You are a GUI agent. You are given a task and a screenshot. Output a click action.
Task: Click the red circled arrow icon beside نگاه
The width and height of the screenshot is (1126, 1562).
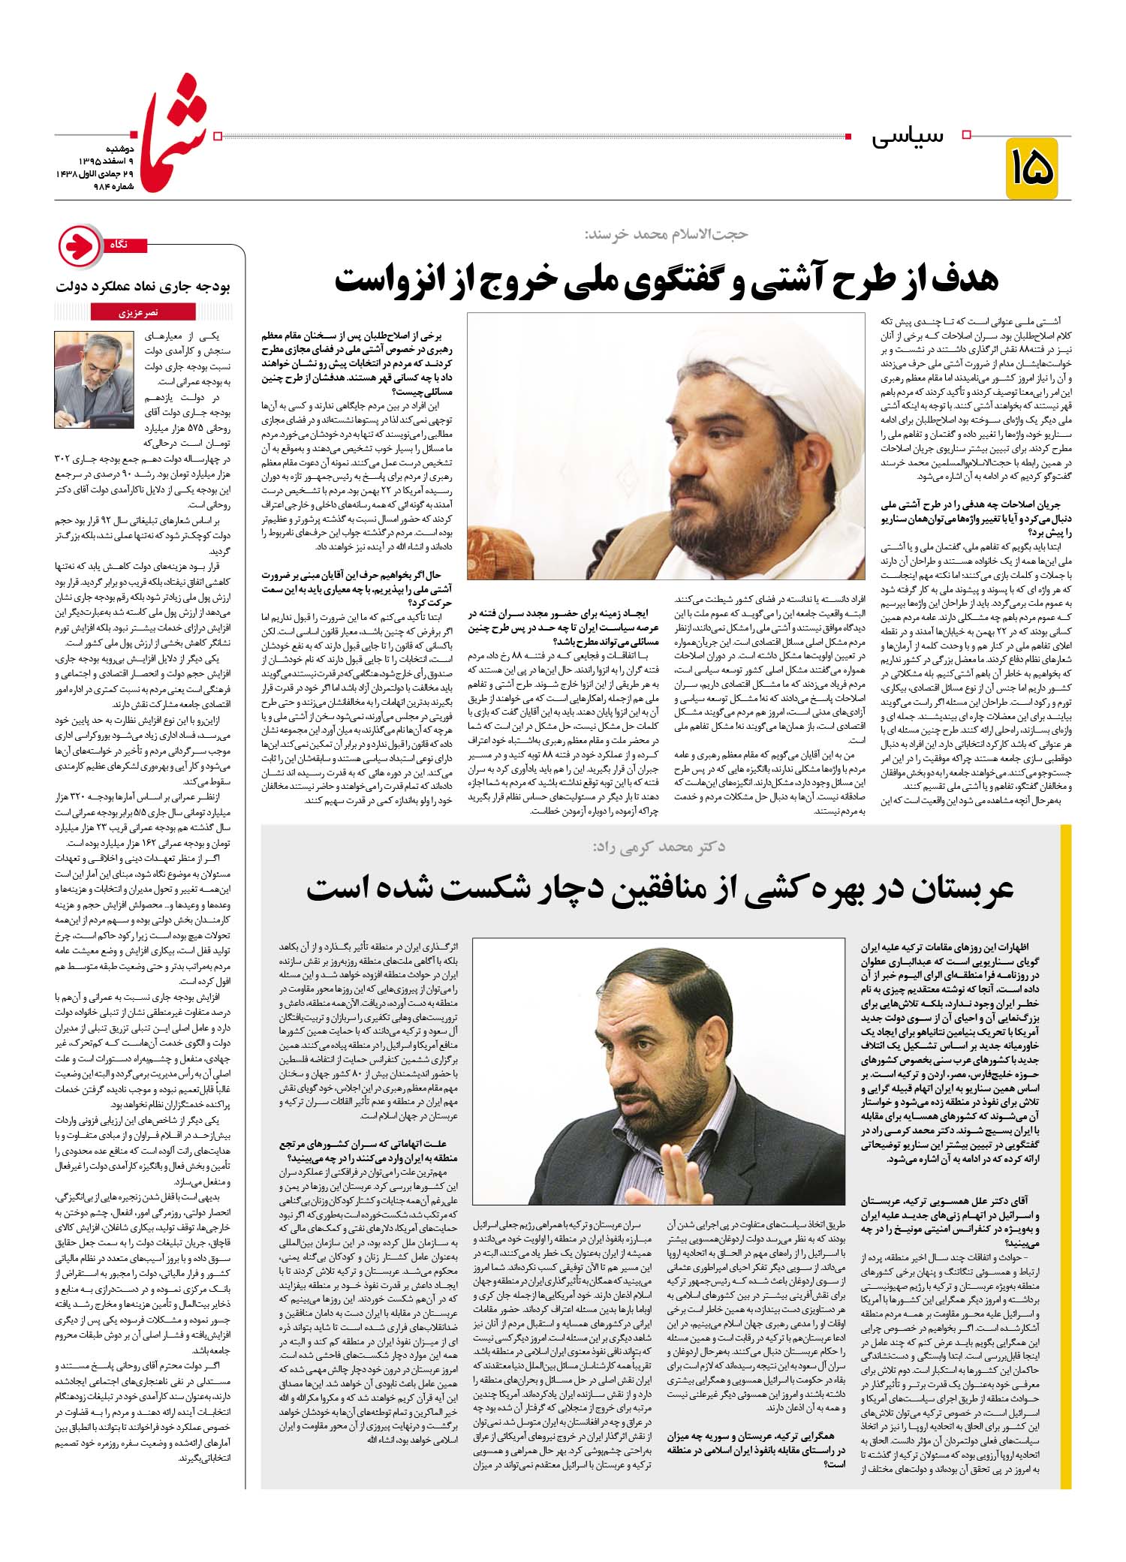(x=80, y=246)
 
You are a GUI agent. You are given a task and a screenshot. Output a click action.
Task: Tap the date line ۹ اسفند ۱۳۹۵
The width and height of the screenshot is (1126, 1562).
(x=107, y=162)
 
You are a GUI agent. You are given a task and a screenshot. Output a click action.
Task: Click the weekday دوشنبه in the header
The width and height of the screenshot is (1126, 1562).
(x=116, y=150)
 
